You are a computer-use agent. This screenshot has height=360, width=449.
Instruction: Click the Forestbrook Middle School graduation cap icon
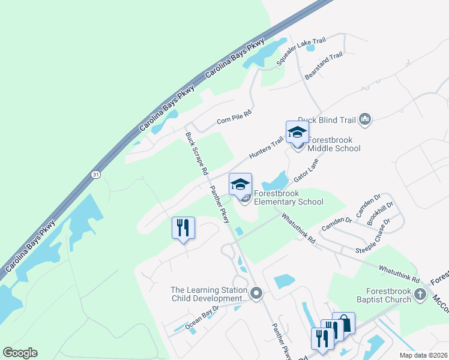click(x=297, y=131)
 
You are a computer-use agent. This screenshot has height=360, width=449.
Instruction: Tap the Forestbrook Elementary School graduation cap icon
click(x=240, y=184)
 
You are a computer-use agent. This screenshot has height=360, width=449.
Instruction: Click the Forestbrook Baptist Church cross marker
click(x=421, y=295)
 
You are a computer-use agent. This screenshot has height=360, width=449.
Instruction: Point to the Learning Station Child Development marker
click(x=257, y=293)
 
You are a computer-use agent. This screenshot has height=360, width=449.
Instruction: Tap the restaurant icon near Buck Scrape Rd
click(x=183, y=227)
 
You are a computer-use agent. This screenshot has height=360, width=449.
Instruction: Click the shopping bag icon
click(x=344, y=323)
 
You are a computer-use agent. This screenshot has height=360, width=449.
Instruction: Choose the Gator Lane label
click(x=306, y=171)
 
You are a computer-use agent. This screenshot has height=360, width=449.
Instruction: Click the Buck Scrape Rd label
click(x=196, y=154)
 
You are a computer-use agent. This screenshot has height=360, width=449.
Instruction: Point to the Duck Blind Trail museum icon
click(x=365, y=121)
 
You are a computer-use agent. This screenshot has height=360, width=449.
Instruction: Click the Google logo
click(x=20, y=353)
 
